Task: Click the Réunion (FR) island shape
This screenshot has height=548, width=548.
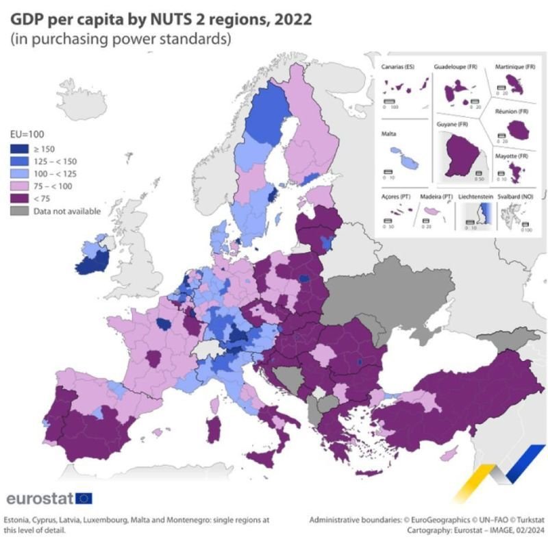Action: pos(519,127)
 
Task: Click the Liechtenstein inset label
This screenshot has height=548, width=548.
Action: pos(475,197)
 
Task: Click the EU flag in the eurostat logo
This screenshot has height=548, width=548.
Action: pos(84,498)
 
